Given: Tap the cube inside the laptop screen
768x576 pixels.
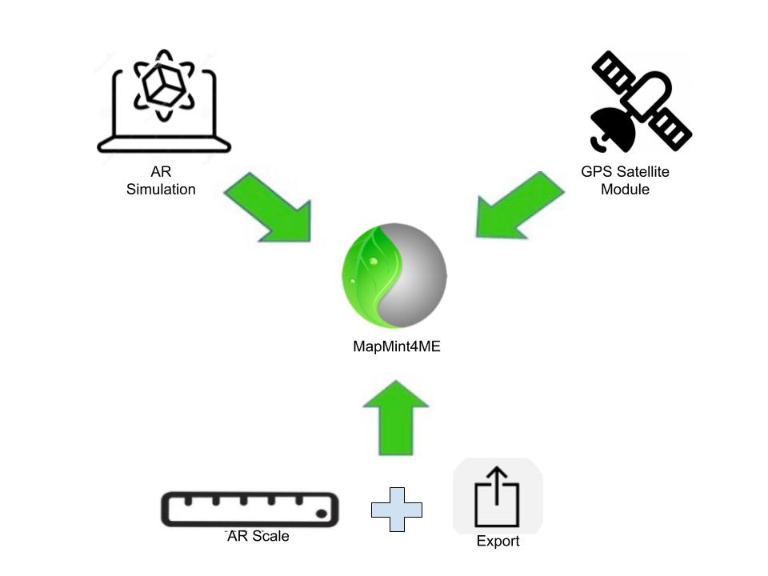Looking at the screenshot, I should [x=164, y=85].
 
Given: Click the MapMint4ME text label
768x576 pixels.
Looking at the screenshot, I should [x=397, y=347].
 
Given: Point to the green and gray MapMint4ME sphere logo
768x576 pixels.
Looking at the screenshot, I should [x=394, y=276].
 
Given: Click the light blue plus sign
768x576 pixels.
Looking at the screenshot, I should [x=397, y=510].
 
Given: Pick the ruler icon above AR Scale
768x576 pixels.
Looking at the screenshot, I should [x=250, y=510].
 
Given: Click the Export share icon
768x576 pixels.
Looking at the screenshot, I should [x=498, y=496].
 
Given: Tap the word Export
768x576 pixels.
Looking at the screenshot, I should [x=498, y=542].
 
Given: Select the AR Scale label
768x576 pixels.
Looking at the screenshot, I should [x=258, y=536].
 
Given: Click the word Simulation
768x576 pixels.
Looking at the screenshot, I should [x=161, y=190].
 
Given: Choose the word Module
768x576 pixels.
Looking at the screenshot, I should [x=625, y=190].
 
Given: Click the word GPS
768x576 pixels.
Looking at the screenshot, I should [x=594, y=171].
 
